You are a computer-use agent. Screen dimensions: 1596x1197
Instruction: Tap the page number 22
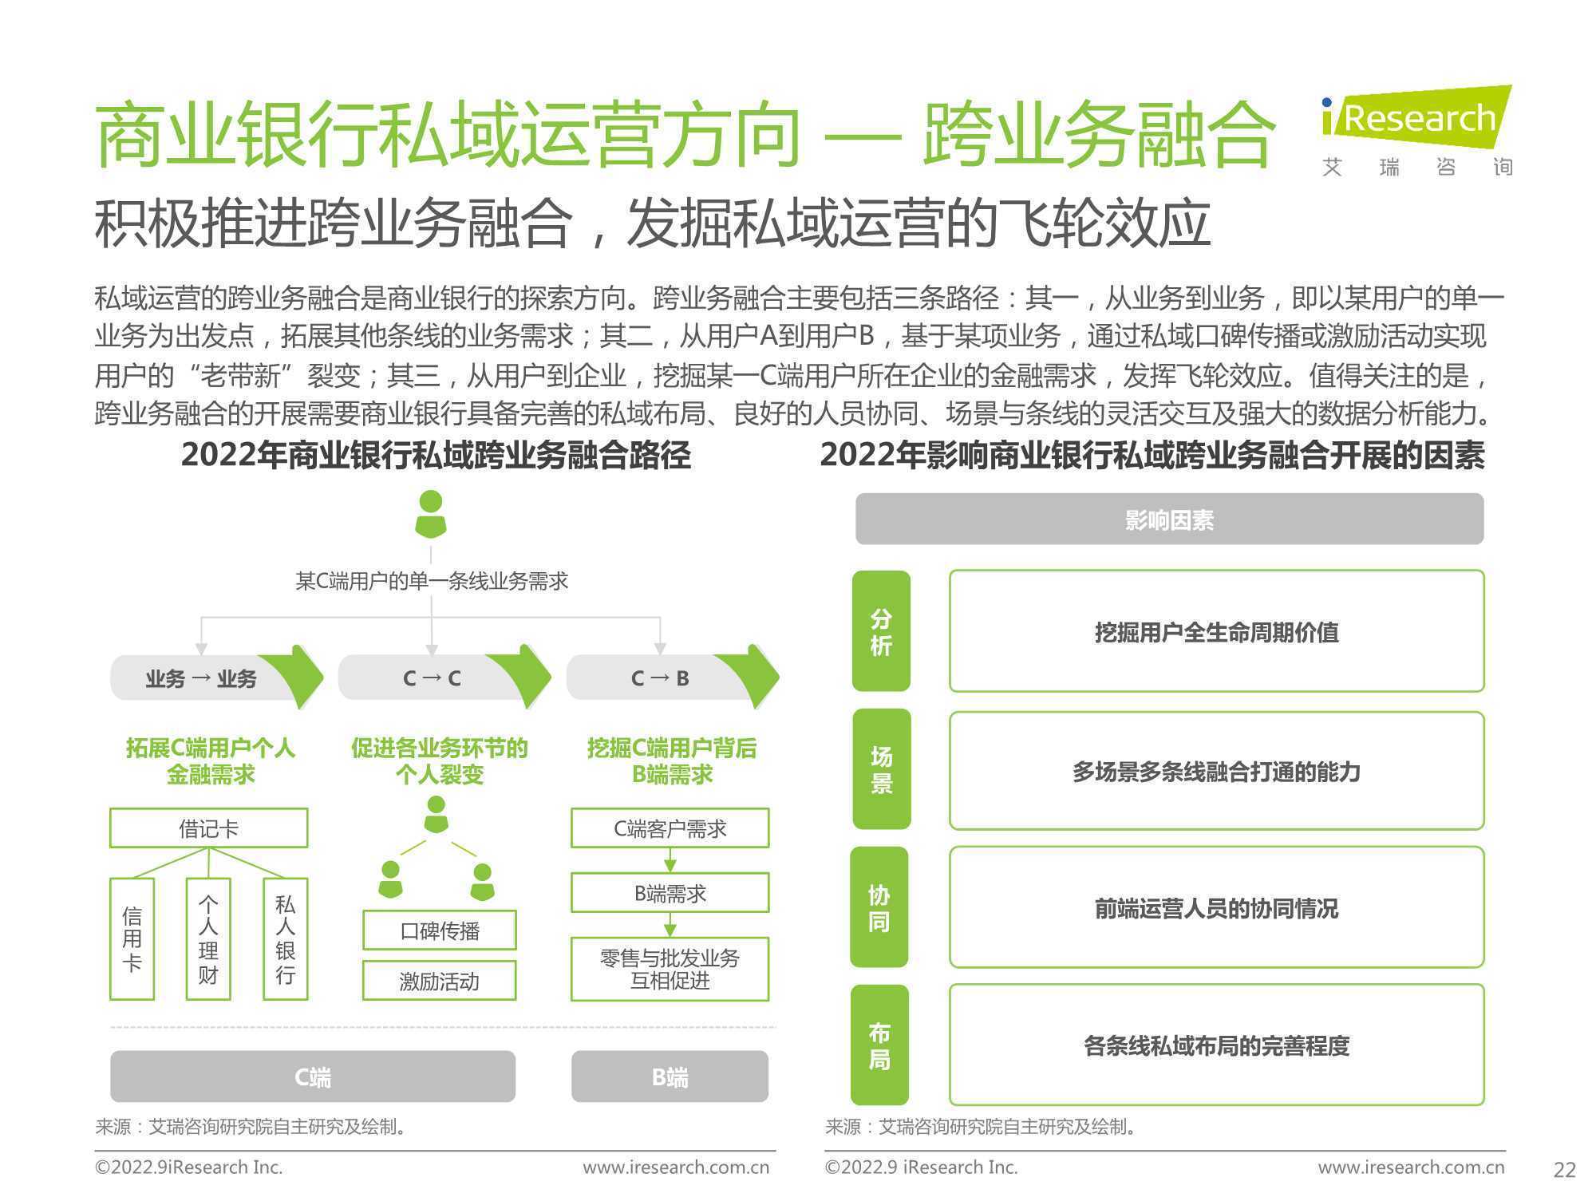tap(1565, 1170)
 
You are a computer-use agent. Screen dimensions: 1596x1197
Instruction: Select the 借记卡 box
tap(208, 828)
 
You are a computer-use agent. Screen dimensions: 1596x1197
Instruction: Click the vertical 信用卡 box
tap(132, 938)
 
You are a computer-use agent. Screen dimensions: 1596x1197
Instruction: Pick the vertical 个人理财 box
tap(208, 938)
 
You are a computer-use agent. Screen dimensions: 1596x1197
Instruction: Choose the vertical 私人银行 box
tap(285, 938)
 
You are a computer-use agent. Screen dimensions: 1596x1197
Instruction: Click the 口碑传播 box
tap(440, 930)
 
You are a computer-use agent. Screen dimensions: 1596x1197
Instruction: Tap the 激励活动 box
tap(440, 980)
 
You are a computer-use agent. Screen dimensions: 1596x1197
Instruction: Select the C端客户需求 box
tap(670, 828)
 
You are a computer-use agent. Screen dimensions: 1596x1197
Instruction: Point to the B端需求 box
tap(670, 892)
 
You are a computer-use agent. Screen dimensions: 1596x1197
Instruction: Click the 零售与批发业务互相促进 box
tap(670, 969)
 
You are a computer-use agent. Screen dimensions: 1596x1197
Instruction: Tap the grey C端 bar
tap(313, 1077)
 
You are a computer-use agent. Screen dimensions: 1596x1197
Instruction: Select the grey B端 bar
tap(670, 1077)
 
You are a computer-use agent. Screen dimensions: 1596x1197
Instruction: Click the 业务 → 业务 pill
tap(216, 678)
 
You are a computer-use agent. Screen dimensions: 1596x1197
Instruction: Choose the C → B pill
tap(673, 678)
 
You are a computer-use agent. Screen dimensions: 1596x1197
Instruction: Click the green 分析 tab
tap(881, 630)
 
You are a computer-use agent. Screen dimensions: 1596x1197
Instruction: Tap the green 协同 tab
tap(879, 907)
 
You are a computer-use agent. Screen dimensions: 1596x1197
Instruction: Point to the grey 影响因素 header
tap(1169, 519)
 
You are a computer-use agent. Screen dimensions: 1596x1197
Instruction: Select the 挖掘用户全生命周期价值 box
tap(1216, 631)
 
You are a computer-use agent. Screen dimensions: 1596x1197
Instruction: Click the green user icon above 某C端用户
tap(431, 515)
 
